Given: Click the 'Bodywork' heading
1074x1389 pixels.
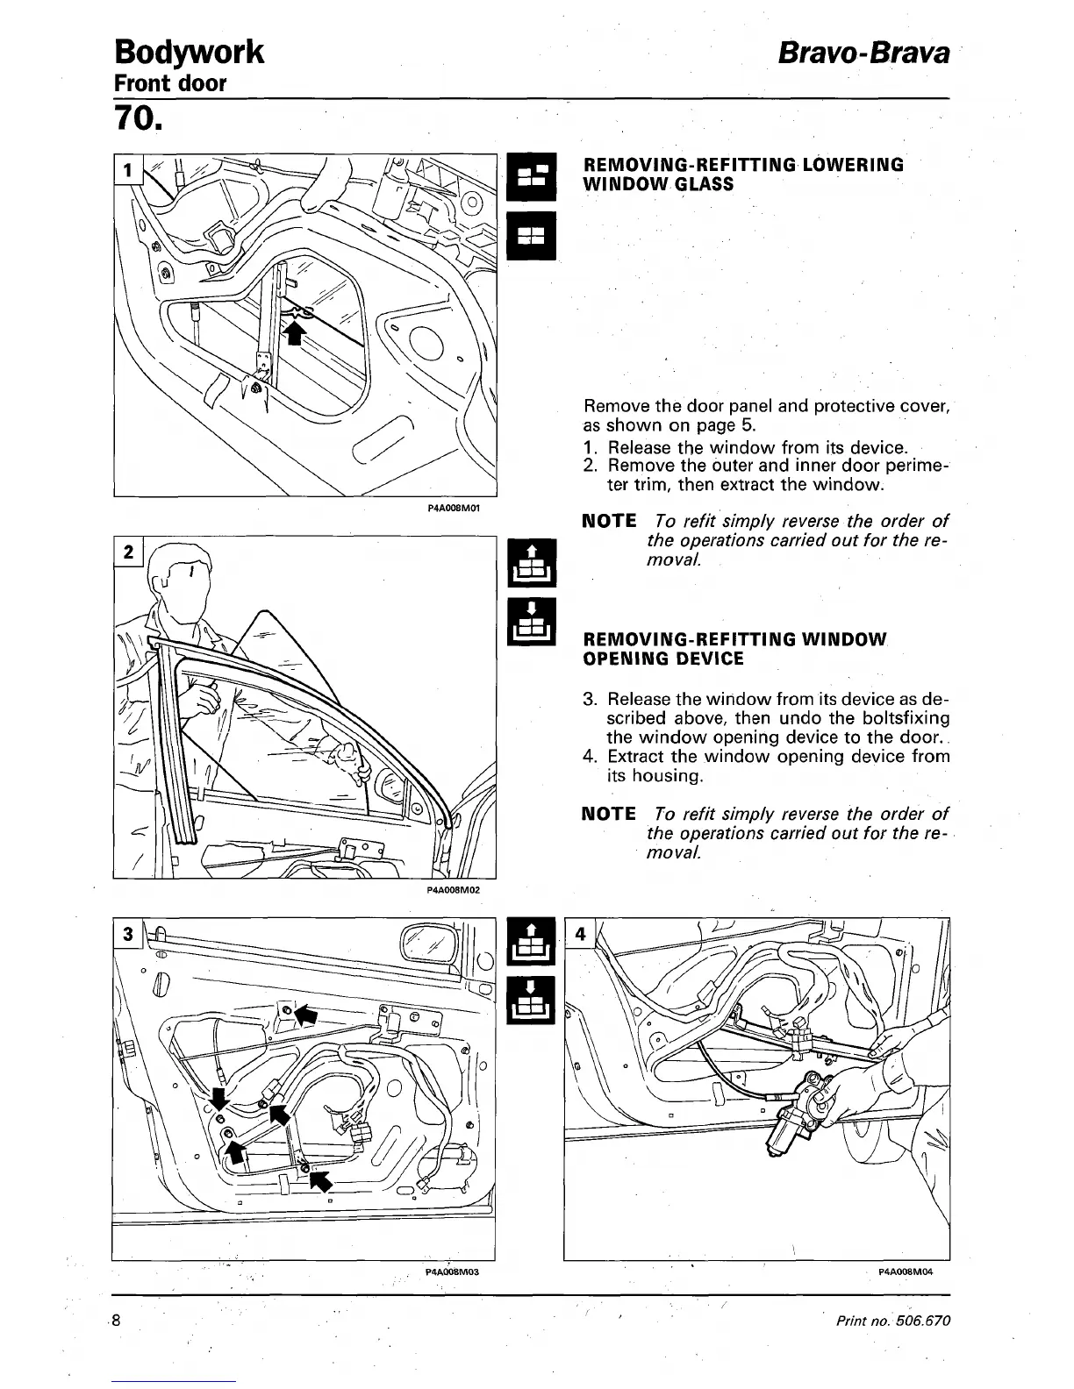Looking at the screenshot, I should pyautogui.click(x=188, y=52).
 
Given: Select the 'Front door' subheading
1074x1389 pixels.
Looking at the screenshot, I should pyautogui.click(x=170, y=83).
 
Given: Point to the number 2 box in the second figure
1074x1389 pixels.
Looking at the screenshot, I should pyautogui.click(x=128, y=552).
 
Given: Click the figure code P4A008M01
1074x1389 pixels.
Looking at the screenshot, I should pyautogui.click(x=457, y=508).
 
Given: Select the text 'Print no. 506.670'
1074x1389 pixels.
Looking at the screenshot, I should pyautogui.click(x=893, y=1321).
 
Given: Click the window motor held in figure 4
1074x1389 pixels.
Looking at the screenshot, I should pyautogui.click(x=794, y=1122).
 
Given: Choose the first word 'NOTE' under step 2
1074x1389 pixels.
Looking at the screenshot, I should pyautogui.click(x=609, y=521).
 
